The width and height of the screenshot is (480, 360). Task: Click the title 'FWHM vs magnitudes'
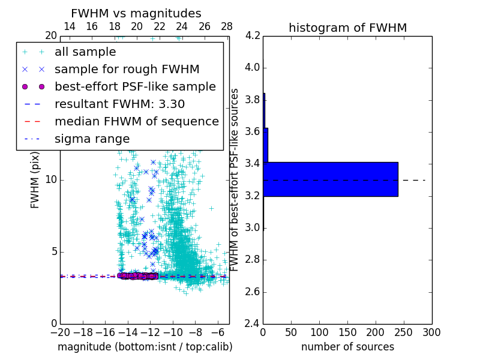pos(136,13)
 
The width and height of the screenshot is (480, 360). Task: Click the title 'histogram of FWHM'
pos(347,28)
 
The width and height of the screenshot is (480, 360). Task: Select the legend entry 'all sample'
pos(85,52)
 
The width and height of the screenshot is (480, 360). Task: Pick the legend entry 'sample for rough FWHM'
pos(127,70)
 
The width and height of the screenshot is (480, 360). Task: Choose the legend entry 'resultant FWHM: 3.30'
pos(119,104)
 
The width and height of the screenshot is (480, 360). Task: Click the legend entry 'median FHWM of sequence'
pos(136,121)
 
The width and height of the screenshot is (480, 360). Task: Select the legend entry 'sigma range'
pos(92,139)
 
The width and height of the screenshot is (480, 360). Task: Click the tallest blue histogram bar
pos(331,179)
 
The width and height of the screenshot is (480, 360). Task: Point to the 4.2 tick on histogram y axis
pos(253,35)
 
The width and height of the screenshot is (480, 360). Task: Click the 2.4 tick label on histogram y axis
pos(253,324)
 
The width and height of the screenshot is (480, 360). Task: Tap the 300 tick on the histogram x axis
pos(431,332)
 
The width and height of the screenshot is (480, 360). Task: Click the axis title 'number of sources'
pos(347,347)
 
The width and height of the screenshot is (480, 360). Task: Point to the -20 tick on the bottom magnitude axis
pos(60,332)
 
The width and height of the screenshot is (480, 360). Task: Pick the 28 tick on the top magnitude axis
pos(227,26)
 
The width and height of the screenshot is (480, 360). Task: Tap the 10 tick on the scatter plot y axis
pos(51,179)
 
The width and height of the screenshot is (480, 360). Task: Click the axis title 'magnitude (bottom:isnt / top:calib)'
pos(145,347)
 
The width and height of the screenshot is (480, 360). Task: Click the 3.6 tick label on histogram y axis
pos(253,131)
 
